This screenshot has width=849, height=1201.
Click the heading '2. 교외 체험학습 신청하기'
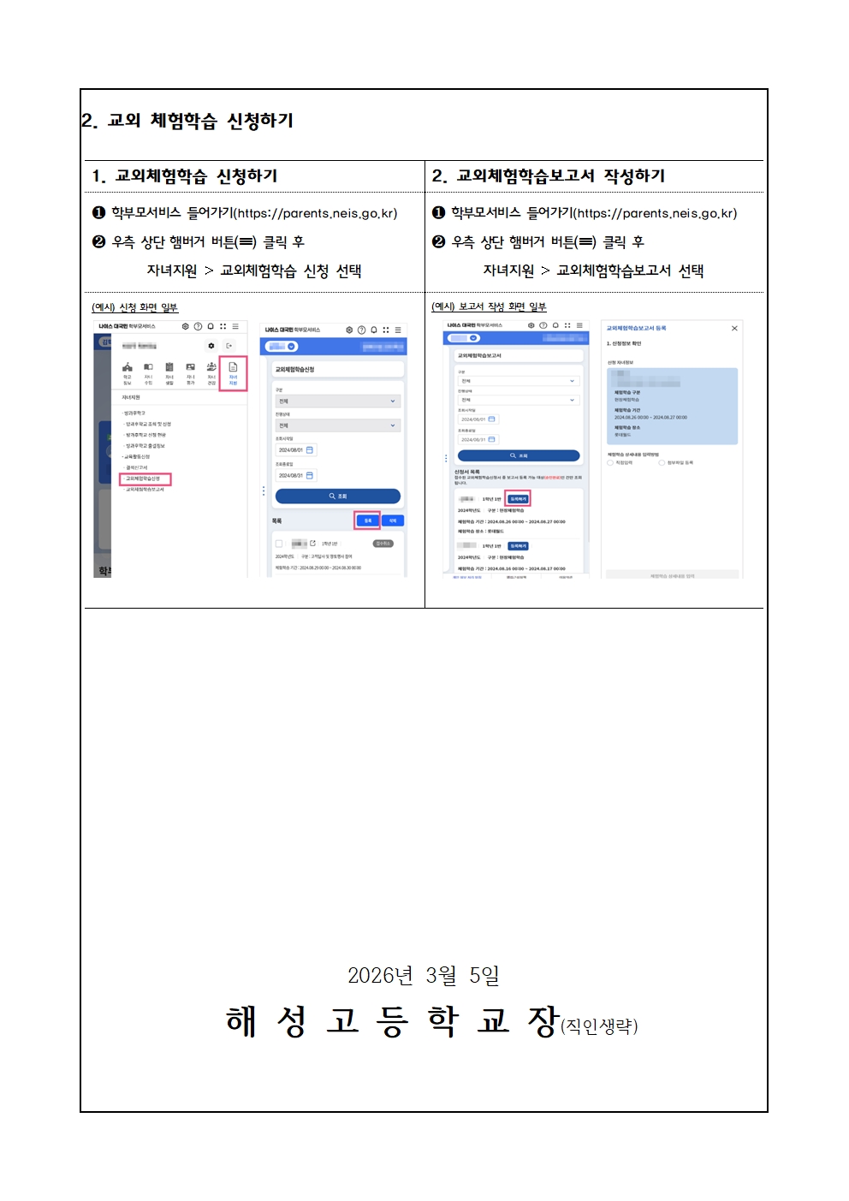click(x=187, y=121)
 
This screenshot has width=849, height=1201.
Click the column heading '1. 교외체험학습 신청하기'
click(x=185, y=176)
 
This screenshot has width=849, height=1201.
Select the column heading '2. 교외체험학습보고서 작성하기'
click(x=549, y=176)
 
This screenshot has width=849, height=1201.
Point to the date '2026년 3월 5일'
click(x=423, y=975)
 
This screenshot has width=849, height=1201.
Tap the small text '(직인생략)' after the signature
click(x=599, y=1026)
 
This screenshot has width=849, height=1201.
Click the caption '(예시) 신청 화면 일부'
click(x=134, y=307)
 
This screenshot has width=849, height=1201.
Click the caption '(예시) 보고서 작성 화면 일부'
click(x=489, y=306)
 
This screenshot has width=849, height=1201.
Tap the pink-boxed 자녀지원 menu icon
click(x=233, y=373)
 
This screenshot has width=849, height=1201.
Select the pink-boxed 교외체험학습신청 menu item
click(x=145, y=479)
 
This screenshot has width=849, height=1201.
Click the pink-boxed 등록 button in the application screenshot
click(x=367, y=520)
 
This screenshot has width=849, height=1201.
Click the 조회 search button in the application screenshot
click(x=337, y=496)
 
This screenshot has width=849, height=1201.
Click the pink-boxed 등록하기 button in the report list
click(x=518, y=498)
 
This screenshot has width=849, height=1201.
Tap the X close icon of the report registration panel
click(x=734, y=328)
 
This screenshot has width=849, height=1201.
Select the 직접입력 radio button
click(x=610, y=463)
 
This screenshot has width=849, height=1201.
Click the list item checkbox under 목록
click(x=279, y=544)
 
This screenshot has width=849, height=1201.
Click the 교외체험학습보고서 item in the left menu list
click(x=145, y=490)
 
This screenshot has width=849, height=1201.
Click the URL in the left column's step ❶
click(x=317, y=213)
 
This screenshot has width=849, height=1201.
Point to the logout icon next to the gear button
click(x=229, y=346)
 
